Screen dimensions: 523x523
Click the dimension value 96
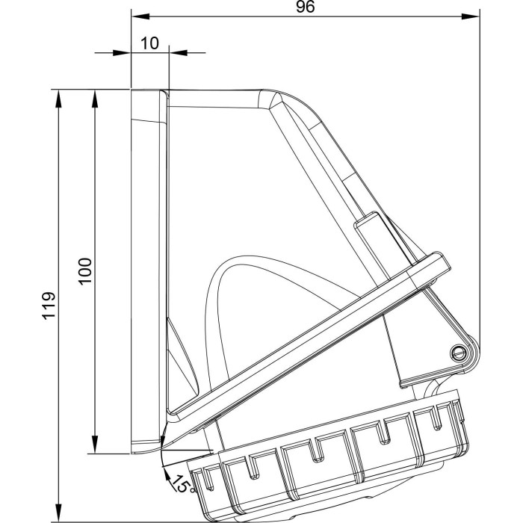[305, 7]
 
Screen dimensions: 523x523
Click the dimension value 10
[149, 43]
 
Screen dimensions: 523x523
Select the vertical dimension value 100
[85, 270]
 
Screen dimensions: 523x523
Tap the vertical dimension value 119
[49, 306]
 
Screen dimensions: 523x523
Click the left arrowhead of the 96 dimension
[140, 16]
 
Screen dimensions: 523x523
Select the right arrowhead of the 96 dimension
[470, 16]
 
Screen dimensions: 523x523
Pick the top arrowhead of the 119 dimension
[59, 99]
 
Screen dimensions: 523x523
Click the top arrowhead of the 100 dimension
[95, 99]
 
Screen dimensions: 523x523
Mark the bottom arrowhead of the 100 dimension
[95, 445]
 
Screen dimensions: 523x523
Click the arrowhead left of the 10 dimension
[122, 53]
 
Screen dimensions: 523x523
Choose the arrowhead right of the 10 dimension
[179, 53]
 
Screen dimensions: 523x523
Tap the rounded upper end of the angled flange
[442, 261]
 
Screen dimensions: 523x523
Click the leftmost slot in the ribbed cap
[209, 479]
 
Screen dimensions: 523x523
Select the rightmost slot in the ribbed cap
[436, 417]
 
